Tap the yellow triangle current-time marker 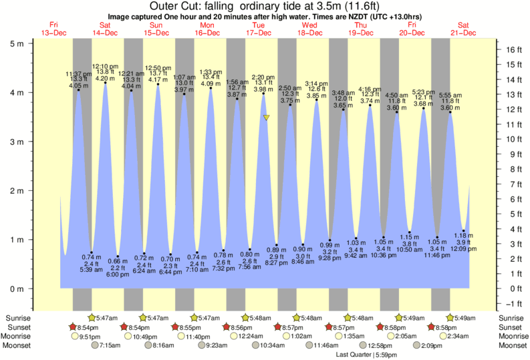(x=266, y=118)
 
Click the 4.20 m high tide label (x=105, y=78)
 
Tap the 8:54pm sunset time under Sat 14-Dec (x=93, y=327)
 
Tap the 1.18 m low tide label (x=464, y=235)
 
